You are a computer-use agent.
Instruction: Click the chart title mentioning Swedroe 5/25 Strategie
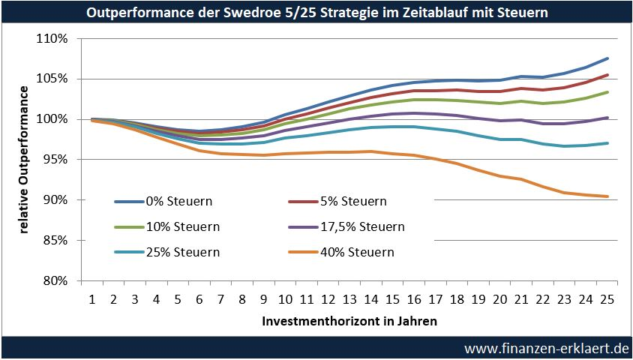[x=316, y=13]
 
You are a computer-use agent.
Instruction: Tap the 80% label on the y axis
[x=56, y=281]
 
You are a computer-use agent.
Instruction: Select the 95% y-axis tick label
[x=56, y=160]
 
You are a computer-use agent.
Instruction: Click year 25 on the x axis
[x=607, y=298]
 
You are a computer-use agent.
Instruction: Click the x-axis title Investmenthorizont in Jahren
[x=350, y=320]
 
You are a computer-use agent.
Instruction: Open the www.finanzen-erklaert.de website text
[x=545, y=349]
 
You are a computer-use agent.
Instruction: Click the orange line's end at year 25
[x=607, y=196]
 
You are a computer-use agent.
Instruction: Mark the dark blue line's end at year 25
[x=607, y=58]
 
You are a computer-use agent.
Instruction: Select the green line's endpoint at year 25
[x=607, y=92]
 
